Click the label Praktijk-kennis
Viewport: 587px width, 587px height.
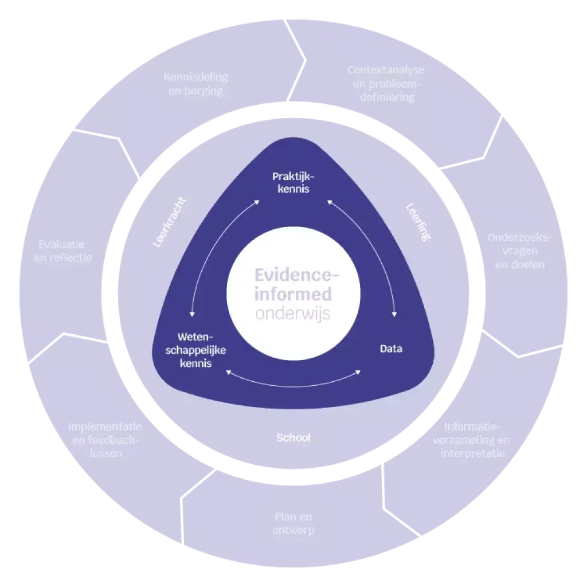pyautogui.click(x=293, y=182)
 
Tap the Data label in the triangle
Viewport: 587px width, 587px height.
pyautogui.click(x=391, y=349)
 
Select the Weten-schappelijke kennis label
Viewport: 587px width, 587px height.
pyautogui.click(x=196, y=350)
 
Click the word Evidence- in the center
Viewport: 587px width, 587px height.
pyautogui.click(x=296, y=275)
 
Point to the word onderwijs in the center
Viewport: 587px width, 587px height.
pyautogui.click(x=293, y=314)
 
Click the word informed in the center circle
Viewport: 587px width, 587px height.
pyautogui.click(x=293, y=294)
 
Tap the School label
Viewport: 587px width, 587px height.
pyautogui.click(x=293, y=437)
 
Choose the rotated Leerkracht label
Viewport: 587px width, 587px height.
pyautogui.click(x=169, y=222)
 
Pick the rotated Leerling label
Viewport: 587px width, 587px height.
pyautogui.click(x=418, y=222)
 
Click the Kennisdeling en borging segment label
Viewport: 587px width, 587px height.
pyautogui.click(x=196, y=84)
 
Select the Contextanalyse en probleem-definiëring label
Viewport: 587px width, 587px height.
pyautogui.click(x=386, y=84)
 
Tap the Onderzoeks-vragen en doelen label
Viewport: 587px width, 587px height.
pyautogui.click(x=519, y=251)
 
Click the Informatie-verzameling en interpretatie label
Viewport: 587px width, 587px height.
pyautogui.click(x=471, y=440)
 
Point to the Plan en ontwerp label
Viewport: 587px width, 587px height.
pyautogui.click(x=293, y=523)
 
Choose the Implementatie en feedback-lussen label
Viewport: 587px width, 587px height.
pyautogui.click(x=105, y=440)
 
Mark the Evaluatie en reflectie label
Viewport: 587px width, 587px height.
pyautogui.click(x=62, y=251)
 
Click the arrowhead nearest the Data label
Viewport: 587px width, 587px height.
pyautogui.click(x=394, y=315)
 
